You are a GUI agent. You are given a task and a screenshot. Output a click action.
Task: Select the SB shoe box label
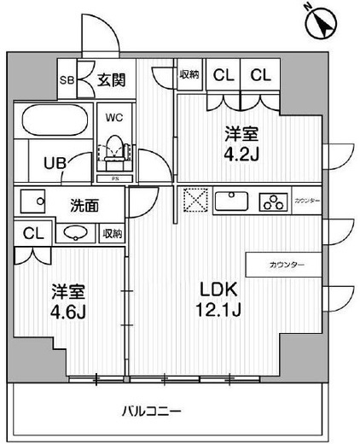pos(66,81)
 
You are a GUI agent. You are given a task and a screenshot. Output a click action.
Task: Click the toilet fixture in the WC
pos(113,150)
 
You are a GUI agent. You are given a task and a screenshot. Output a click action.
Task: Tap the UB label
pos(44,162)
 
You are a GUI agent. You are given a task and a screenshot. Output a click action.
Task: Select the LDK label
pos(221,289)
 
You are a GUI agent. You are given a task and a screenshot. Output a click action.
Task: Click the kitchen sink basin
pos(231,202)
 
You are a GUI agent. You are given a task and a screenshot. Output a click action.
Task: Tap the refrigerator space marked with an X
pos(191,202)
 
